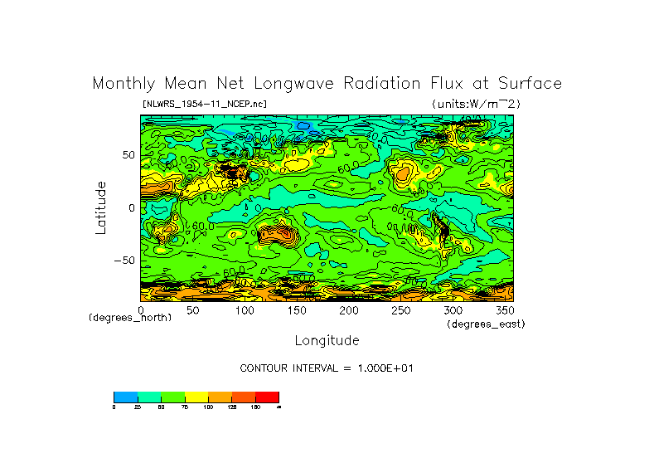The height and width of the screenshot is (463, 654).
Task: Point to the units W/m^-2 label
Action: (x=476, y=104)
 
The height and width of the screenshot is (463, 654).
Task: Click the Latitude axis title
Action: (x=101, y=207)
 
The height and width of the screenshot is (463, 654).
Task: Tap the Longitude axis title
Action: (x=327, y=340)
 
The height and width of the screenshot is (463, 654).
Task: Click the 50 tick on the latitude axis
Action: (x=128, y=155)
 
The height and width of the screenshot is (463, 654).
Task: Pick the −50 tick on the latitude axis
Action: (x=124, y=260)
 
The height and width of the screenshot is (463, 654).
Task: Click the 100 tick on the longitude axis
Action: (x=245, y=310)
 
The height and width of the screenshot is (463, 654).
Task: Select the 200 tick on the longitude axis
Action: (x=348, y=310)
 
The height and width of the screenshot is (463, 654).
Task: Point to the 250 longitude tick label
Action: (x=400, y=310)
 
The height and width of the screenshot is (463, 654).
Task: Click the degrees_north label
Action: (x=130, y=318)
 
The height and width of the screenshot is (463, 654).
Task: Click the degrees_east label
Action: (x=486, y=324)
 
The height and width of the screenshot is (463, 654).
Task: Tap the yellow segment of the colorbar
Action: (x=196, y=397)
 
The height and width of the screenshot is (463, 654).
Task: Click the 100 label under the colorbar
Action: (x=207, y=407)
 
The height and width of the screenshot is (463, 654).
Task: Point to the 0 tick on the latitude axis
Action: (x=131, y=207)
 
